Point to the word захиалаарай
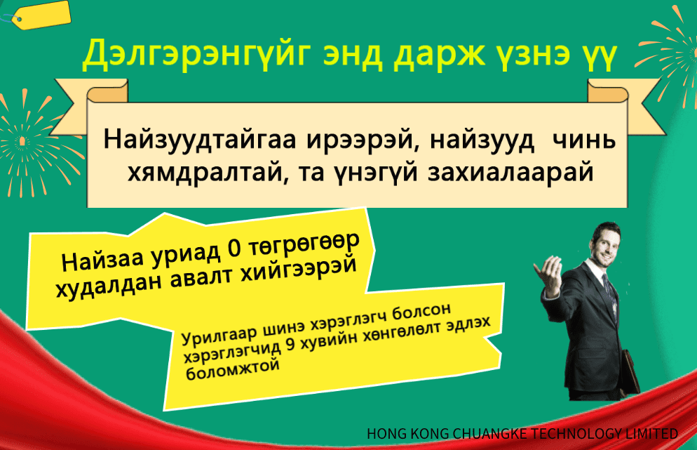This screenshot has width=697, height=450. (x=511, y=173)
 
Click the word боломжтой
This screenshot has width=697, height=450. (x=233, y=369)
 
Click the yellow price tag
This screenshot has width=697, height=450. (x=42, y=15)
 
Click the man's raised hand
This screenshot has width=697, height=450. (x=548, y=277)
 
